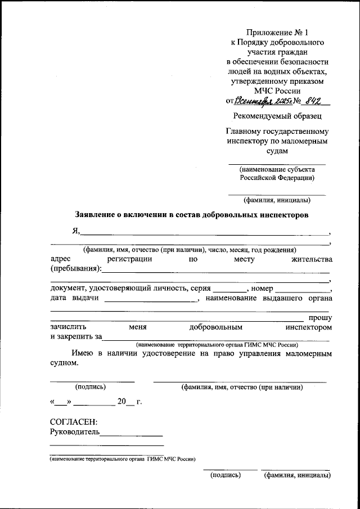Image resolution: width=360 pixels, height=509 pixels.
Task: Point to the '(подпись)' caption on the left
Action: pos(91,387)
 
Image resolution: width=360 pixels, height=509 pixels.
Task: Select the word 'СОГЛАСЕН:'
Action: pos(74,422)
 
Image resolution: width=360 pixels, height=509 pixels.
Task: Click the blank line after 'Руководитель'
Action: pos(132,433)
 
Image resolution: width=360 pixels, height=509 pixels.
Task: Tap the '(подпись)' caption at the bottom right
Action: pos(225,475)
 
